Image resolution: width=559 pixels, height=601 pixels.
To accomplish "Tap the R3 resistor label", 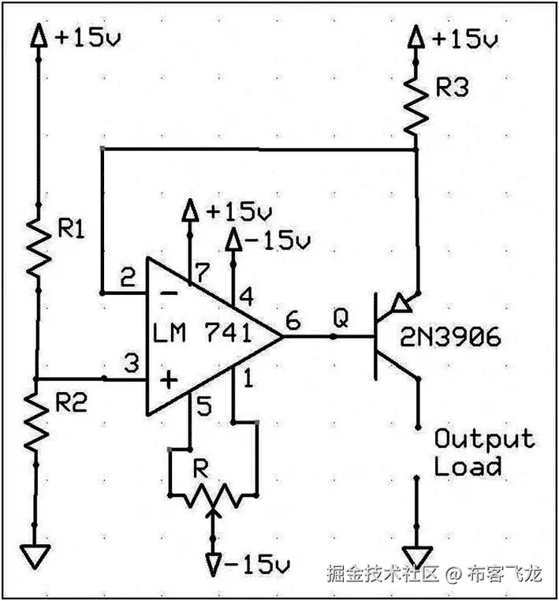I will tap(452, 88).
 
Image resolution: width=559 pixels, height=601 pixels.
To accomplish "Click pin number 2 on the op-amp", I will tap(127, 278).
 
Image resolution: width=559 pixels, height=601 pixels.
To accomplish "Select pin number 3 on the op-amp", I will tap(130, 364).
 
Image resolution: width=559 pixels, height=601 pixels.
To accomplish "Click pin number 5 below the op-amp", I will tap(203, 408).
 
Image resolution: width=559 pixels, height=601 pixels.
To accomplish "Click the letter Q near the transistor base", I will tap(341, 317).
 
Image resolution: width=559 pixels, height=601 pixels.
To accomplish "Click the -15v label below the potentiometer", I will tap(246, 566).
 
